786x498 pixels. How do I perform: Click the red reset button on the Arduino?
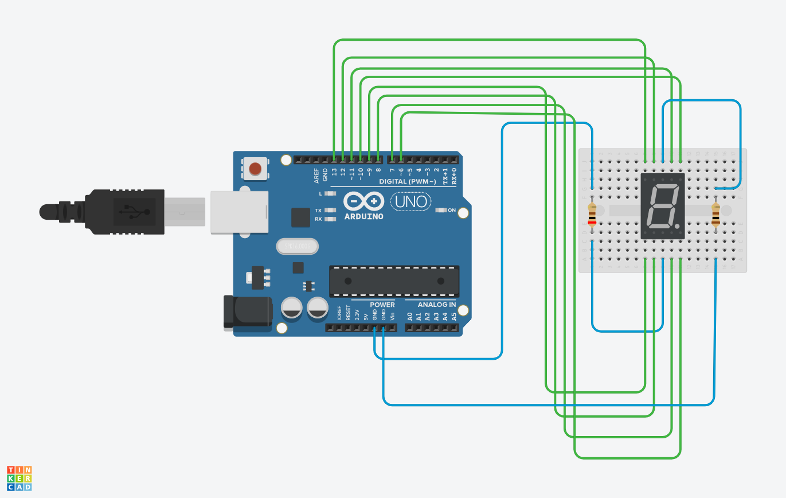coord(255,169)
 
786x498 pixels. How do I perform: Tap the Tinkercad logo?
coord(19,478)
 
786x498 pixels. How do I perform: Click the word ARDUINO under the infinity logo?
coord(364,217)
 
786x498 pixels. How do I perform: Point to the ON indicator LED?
coord(440,210)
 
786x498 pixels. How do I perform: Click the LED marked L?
coord(330,194)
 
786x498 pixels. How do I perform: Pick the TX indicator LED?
coord(330,211)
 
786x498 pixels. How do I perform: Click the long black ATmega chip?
coord(394,281)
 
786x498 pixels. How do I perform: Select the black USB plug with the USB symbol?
coord(124,212)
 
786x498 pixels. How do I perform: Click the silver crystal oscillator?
coord(297,247)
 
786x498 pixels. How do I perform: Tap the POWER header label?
coord(382,305)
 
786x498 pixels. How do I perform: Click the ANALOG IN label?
coord(437,305)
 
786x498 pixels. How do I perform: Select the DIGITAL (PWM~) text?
coord(408,181)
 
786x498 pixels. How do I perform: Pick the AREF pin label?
coord(316,176)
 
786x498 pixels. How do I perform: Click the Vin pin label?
coord(393,316)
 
